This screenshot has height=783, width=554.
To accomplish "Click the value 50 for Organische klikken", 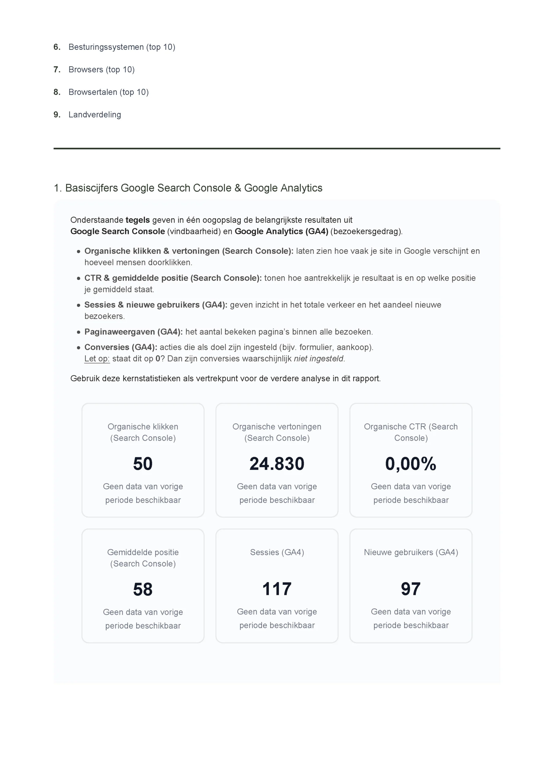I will [143, 464].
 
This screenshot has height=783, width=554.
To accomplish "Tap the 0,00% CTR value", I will [411, 464].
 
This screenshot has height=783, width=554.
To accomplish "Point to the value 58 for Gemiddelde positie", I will [143, 589].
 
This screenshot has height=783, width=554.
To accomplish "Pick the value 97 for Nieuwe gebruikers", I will [411, 589].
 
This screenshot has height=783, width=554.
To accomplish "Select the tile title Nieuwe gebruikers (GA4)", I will [411, 552].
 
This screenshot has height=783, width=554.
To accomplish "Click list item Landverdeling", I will [95, 115].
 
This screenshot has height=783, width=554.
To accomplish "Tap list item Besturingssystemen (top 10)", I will [122, 47].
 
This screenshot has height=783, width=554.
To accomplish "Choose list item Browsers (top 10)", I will [101, 69].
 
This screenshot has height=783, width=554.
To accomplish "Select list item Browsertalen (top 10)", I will [109, 92].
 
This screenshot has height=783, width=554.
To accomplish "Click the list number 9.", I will [57, 115].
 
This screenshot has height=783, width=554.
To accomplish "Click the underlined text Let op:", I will [97, 358].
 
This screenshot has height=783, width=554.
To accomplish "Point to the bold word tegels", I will [137, 220].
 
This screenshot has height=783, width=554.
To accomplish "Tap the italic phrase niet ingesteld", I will [319, 358].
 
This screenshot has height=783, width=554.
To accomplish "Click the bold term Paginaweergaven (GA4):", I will [133, 332].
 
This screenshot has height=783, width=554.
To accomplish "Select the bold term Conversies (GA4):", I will [121, 347].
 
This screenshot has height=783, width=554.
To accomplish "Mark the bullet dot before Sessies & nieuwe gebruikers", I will [78, 305].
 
